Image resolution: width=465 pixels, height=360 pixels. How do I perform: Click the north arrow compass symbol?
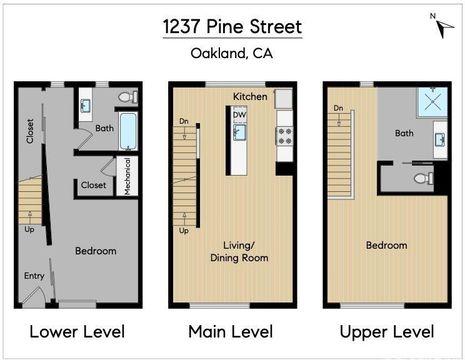444,26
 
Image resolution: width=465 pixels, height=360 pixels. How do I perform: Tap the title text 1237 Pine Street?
232,27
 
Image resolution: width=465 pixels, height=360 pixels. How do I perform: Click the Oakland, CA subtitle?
232,53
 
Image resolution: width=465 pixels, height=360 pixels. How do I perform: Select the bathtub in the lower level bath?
128,131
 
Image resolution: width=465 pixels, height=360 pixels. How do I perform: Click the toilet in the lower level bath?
128,97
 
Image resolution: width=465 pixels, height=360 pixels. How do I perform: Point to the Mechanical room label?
127,176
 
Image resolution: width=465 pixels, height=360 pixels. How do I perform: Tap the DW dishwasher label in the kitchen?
239,115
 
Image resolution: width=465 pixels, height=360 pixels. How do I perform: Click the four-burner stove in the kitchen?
284,136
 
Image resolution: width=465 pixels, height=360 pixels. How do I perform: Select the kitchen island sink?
239,132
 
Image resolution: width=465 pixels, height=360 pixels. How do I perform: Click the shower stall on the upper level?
433,102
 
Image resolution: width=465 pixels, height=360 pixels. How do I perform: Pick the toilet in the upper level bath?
424,178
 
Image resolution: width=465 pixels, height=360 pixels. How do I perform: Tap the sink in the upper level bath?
440,139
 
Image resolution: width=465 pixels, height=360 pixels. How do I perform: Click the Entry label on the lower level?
34,276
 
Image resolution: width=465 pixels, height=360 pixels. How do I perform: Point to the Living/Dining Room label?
239,252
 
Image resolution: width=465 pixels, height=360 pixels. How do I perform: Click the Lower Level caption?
77,332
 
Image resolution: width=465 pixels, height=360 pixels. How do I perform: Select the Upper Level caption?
387,332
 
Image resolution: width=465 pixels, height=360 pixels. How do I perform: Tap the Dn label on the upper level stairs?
338,108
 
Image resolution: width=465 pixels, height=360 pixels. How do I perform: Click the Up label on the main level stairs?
184,231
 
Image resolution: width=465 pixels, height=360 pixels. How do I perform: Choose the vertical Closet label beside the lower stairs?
30,131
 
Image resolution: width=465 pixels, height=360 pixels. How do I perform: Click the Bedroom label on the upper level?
387,245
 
